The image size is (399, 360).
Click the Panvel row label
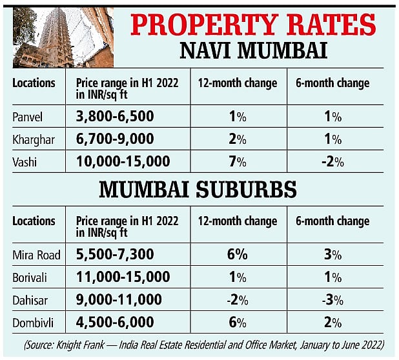tap(28, 117)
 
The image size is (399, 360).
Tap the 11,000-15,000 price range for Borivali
tap(123, 277)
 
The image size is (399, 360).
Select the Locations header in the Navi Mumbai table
tap(34, 83)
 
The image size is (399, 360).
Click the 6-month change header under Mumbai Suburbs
tap(333, 221)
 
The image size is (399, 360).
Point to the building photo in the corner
tap(63, 36)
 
